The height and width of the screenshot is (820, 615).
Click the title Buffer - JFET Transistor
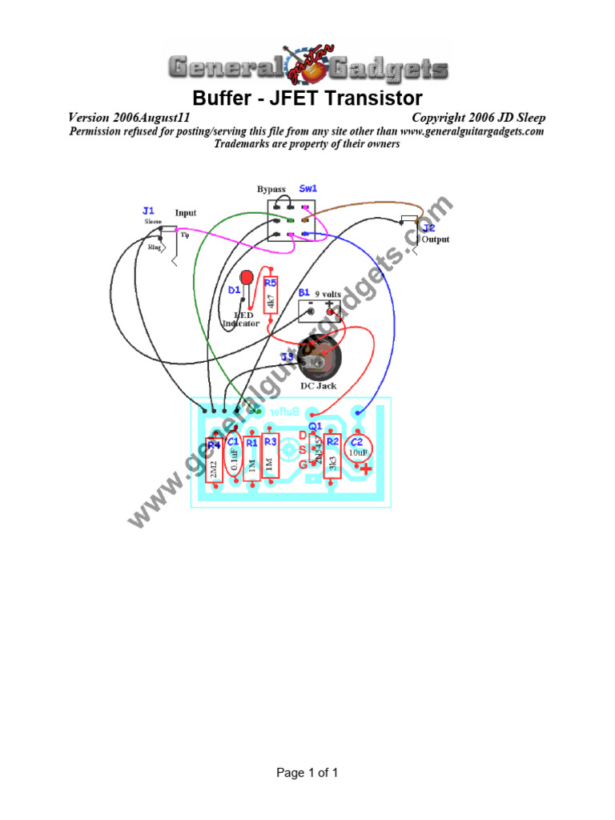click(x=307, y=99)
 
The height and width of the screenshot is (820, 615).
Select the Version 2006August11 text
click(x=129, y=118)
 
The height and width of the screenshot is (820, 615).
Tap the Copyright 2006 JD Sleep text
click(x=478, y=118)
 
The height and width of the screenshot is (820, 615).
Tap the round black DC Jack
click(x=320, y=363)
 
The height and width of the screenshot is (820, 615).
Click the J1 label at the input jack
click(x=148, y=211)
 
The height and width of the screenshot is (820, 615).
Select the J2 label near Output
click(x=429, y=228)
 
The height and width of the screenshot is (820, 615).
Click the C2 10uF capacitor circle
click(x=356, y=452)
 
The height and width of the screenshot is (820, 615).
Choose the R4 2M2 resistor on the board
click(x=214, y=464)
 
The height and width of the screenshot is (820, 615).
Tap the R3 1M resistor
click(x=271, y=458)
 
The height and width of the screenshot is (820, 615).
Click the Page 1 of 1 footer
click(x=307, y=773)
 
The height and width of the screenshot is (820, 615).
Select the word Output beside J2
click(x=436, y=239)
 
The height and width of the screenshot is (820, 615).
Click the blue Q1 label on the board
click(x=315, y=425)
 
